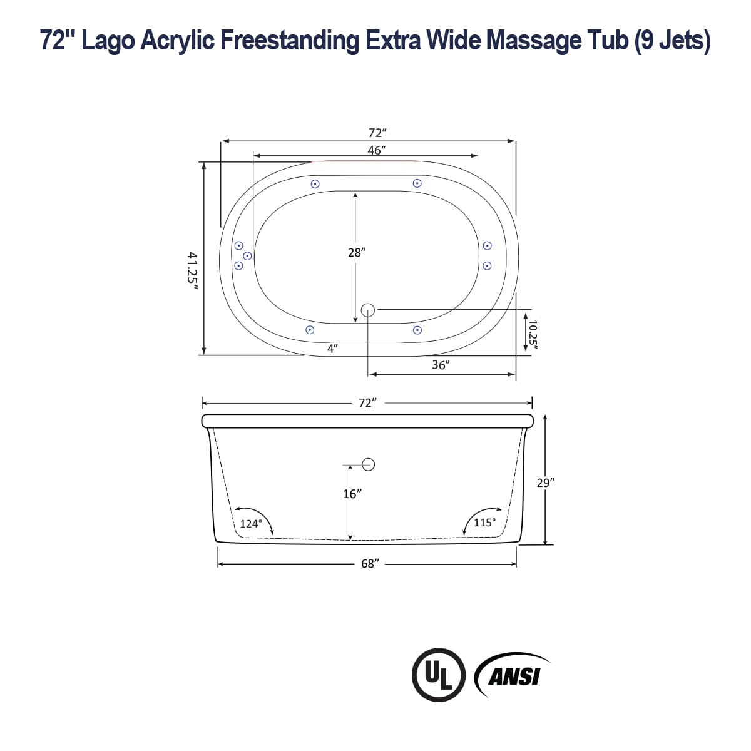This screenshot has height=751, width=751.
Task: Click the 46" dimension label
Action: click(375, 150)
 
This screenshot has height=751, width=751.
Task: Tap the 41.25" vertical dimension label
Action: click(193, 268)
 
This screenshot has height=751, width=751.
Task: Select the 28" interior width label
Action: click(356, 252)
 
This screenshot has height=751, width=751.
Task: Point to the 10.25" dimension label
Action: click(533, 333)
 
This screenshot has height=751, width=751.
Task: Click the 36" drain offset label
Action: click(441, 365)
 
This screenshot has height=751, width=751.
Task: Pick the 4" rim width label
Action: click(333, 349)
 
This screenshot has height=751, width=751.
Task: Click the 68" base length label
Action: click(370, 563)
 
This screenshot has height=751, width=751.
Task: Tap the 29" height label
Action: click(546, 483)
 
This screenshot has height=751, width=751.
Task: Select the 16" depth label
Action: click(352, 494)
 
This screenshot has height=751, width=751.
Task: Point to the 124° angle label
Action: click(250, 524)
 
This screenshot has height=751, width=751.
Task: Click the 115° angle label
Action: click(484, 522)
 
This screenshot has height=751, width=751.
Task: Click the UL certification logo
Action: click(439, 675)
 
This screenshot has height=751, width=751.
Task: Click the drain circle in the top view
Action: click(368, 309)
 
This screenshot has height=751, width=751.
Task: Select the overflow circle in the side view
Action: click(369, 464)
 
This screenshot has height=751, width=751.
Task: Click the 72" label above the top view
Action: click(377, 133)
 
